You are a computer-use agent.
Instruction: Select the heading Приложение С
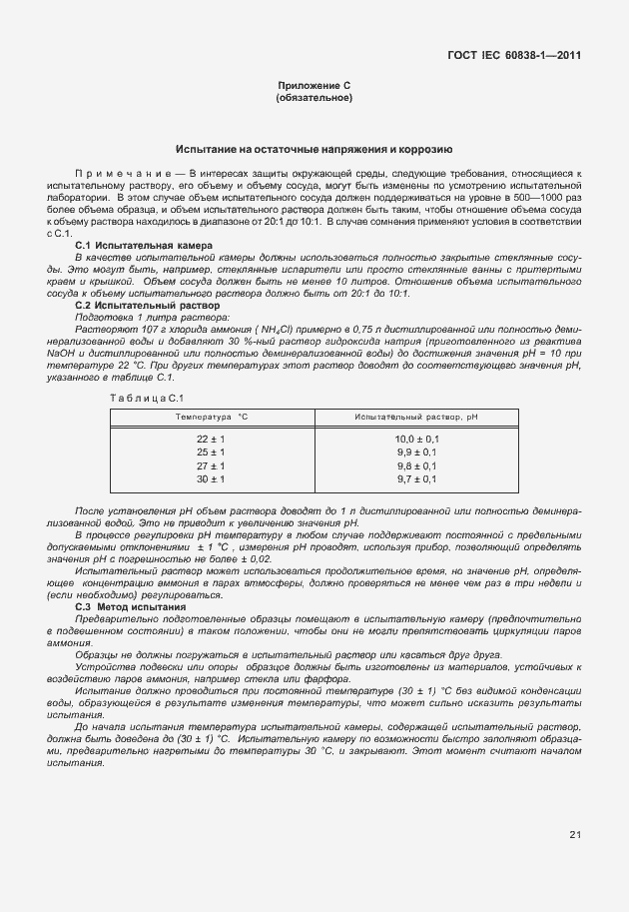pyautogui.click(x=314, y=87)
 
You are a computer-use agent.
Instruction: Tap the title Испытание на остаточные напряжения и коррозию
pyautogui.click(x=314, y=149)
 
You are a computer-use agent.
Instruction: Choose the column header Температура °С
pyautogui.click(x=211, y=416)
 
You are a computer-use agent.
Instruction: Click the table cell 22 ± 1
pyautogui.click(x=211, y=439)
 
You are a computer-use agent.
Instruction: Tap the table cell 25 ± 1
pyautogui.click(x=211, y=453)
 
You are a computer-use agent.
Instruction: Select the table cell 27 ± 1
pyautogui.click(x=211, y=465)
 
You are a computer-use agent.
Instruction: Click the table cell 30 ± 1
pyautogui.click(x=211, y=479)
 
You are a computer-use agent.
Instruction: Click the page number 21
pyautogui.click(x=575, y=834)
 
